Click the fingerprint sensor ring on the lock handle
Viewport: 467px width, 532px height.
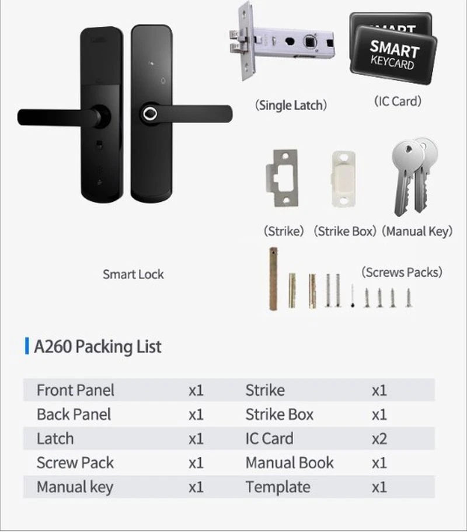(x=150, y=114)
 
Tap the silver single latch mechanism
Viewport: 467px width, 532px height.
(x=281, y=43)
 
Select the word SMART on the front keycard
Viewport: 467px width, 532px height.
(x=395, y=49)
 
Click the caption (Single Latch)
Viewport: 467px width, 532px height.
(x=291, y=105)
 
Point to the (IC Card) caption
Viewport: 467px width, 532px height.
(x=398, y=101)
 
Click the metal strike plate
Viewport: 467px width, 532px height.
(x=282, y=178)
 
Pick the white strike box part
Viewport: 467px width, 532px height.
(x=343, y=178)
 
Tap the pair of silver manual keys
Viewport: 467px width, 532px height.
(x=414, y=176)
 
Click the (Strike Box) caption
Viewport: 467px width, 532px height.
(x=345, y=232)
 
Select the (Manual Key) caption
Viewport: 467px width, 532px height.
(x=417, y=232)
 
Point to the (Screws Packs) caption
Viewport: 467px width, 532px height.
(x=402, y=272)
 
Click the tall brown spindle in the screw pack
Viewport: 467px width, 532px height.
(x=273, y=279)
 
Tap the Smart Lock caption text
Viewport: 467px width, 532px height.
(x=133, y=274)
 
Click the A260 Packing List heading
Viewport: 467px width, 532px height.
(x=98, y=346)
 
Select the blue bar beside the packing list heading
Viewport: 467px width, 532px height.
(x=27, y=346)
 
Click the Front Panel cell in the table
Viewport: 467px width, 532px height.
(x=75, y=390)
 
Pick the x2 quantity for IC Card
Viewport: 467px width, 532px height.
(x=379, y=439)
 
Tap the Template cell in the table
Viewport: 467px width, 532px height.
(x=278, y=487)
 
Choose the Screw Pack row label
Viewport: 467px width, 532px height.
(x=75, y=463)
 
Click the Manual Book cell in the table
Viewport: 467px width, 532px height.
(x=290, y=463)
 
